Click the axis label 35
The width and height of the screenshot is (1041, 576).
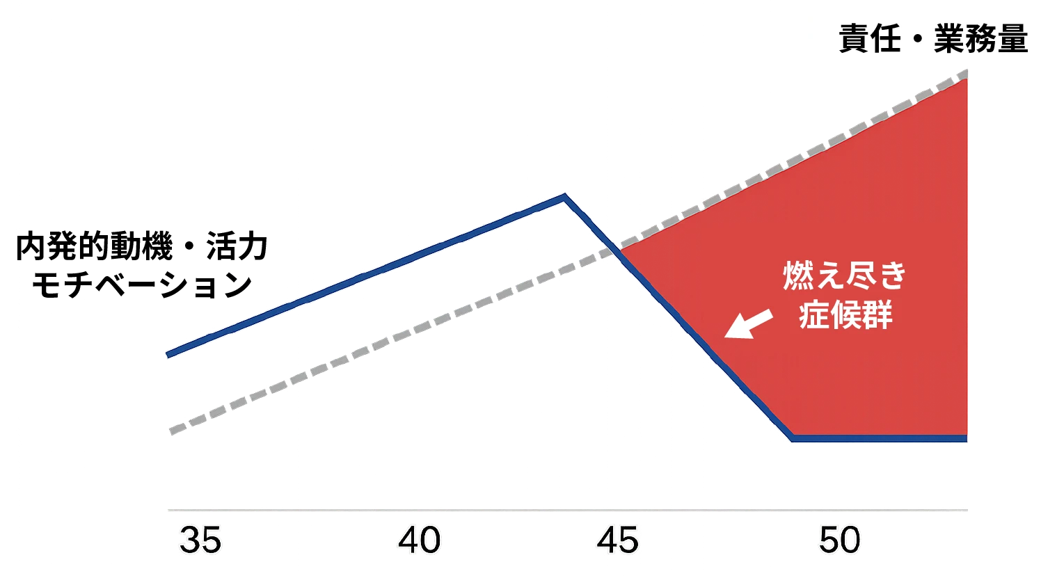[200, 541]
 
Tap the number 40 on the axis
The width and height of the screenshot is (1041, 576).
[420, 541]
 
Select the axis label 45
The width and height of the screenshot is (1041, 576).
[617, 541]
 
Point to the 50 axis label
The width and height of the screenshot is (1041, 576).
[840, 541]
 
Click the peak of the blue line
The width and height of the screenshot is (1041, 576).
[564, 196]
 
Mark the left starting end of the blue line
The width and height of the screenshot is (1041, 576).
[168, 355]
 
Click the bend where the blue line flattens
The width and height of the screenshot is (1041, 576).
[793, 438]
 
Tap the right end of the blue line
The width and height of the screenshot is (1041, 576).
[966, 438]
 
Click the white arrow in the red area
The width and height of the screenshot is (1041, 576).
[748, 325]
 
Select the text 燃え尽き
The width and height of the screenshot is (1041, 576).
[845, 276]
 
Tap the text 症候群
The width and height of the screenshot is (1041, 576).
[845, 315]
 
